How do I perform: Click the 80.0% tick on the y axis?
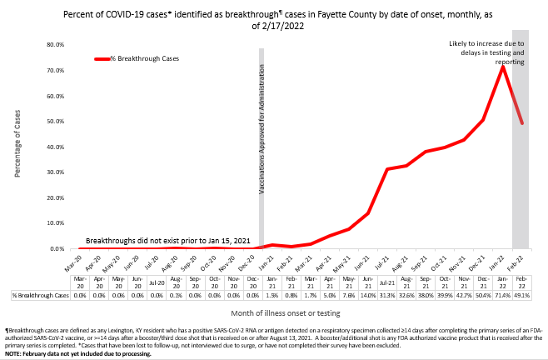pyautogui.click(x=55, y=44)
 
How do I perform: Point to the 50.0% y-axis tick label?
pyautogui.click(x=55, y=121)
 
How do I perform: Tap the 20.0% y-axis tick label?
pyautogui.click(x=55, y=197)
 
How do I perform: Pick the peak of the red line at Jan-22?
pyautogui.click(x=502, y=67)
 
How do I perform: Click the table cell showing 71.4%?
pyautogui.click(x=502, y=295)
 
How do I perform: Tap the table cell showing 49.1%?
pyautogui.click(x=522, y=295)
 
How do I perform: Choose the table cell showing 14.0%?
pyautogui.click(x=366, y=295)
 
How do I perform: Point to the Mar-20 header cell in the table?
pyautogui.click(x=79, y=282)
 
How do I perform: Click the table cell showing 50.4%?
pyautogui.click(x=483, y=295)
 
